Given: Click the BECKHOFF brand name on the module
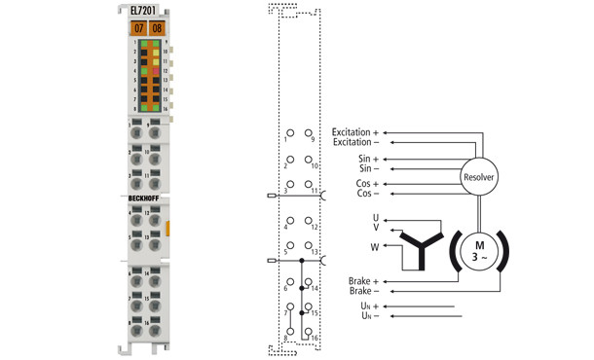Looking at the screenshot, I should tap(147, 198).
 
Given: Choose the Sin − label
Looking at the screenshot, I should tap(368, 168).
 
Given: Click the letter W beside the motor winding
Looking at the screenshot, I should tap(376, 246).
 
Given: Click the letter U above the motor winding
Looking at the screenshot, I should tap(376, 217).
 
